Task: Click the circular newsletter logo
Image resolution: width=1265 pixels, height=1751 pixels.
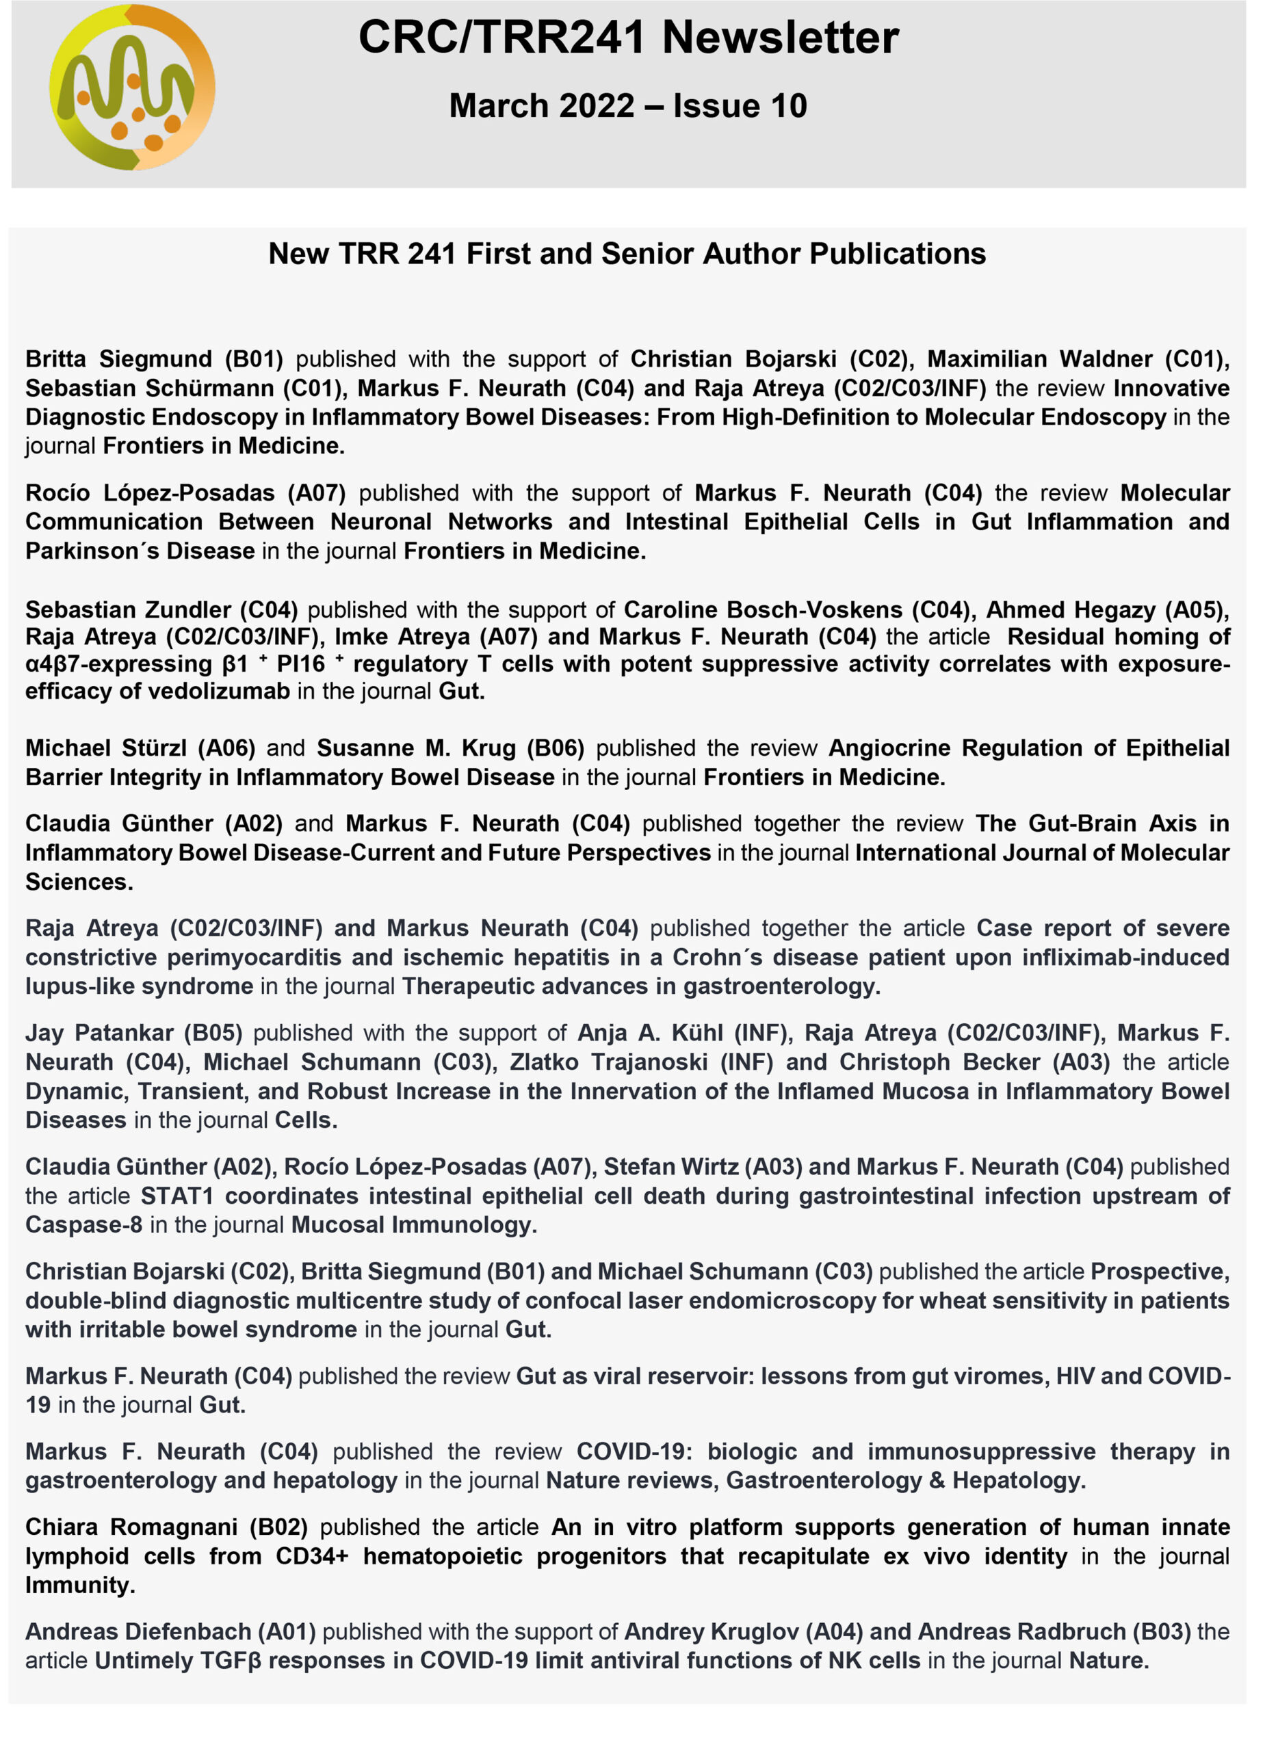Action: (x=132, y=88)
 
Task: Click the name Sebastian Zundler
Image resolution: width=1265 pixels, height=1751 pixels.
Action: (x=128, y=610)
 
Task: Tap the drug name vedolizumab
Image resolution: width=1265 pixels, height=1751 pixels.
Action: (x=218, y=691)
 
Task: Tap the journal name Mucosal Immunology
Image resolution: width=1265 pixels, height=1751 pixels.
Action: (x=413, y=1225)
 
